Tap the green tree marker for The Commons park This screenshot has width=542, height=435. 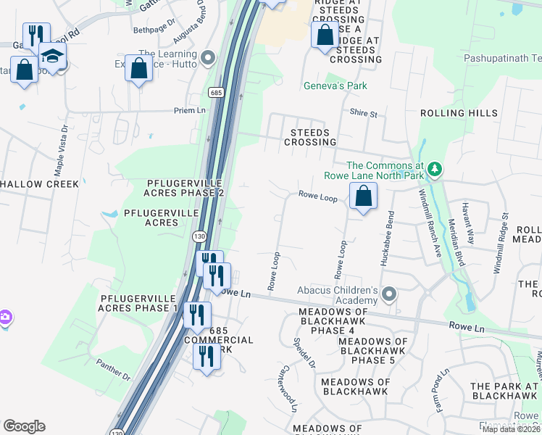434,169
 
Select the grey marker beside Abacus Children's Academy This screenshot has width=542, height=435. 389,294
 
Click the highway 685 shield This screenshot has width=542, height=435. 215,92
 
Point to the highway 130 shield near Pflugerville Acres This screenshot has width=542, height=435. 199,236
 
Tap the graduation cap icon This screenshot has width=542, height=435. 52,55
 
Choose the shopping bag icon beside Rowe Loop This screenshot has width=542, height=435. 363,196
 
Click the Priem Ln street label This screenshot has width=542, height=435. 190,110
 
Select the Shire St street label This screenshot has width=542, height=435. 364,114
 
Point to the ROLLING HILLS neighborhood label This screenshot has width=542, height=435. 459,113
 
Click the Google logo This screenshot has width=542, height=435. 24,426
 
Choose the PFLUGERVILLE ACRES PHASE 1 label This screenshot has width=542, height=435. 138,303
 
